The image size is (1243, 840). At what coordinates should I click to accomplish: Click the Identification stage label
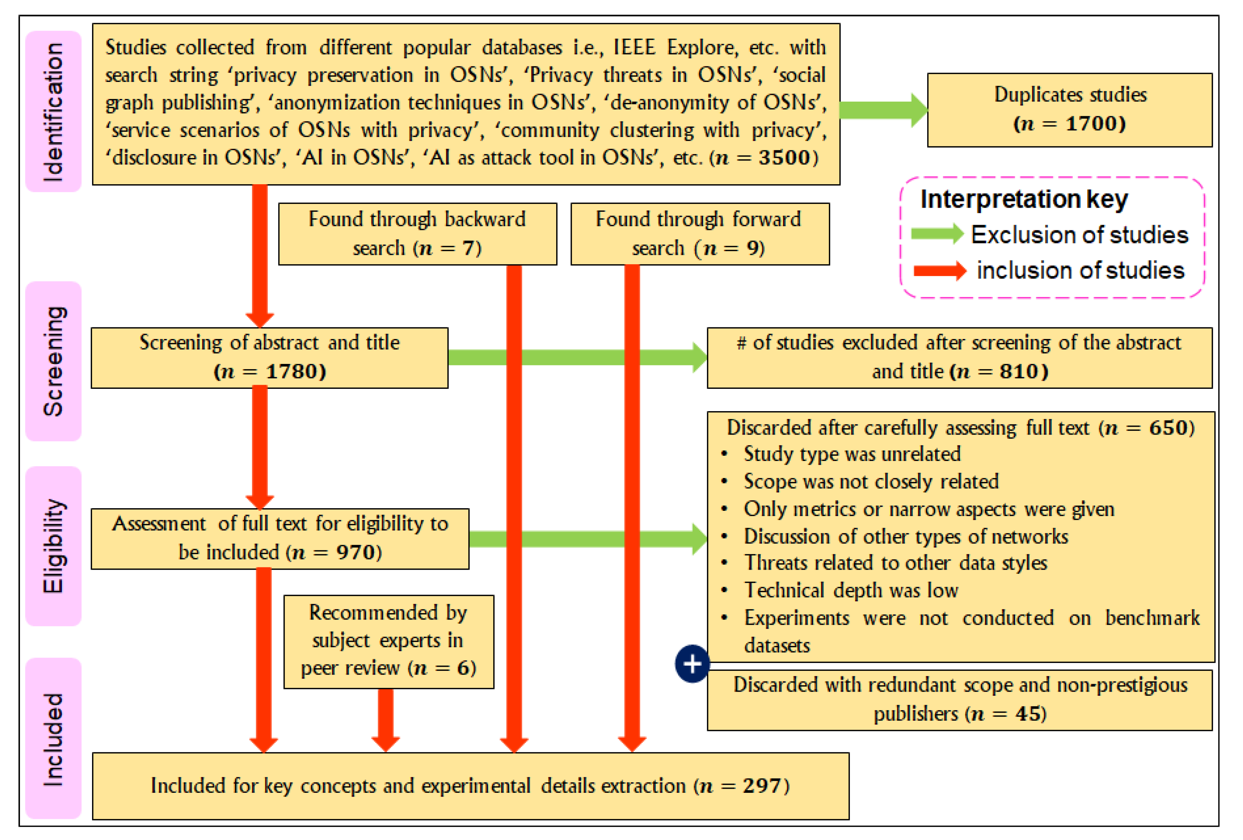[x=54, y=111]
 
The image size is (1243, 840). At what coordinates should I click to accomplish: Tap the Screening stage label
[x=54, y=361]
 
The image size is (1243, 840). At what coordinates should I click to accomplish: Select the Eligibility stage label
[x=54, y=546]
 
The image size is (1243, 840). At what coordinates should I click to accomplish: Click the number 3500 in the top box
[x=784, y=157]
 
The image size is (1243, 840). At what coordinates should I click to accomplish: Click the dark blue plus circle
[x=692, y=663]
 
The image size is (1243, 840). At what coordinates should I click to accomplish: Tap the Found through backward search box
[x=417, y=234]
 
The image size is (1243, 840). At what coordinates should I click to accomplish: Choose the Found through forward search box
[x=700, y=234]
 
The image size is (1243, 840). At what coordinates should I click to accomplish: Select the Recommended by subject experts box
[x=388, y=641]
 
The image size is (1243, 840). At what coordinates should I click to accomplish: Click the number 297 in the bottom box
[x=761, y=785]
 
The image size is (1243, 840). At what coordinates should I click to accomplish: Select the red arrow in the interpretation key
[x=939, y=271]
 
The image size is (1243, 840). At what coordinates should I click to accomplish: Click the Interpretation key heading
[x=1024, y=199]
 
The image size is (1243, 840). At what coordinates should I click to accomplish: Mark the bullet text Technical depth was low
[x=851, y=590]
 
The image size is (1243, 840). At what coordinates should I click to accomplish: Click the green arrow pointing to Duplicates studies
[x=883, y=110]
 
